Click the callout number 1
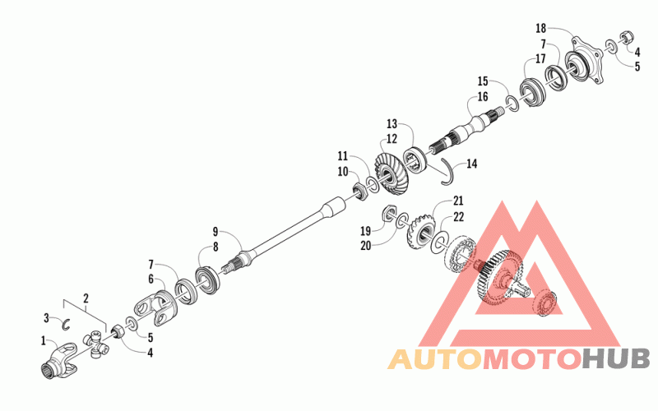[x=44, y=339]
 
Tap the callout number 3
[x=47, y=317]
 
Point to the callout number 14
[x=470, y=164]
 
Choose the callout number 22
[x=458, y=216]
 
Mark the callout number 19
[x=364, y=230]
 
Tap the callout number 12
[x=392, y=138]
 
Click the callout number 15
[x=483, y=81]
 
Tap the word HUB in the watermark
[x=617, y=358]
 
